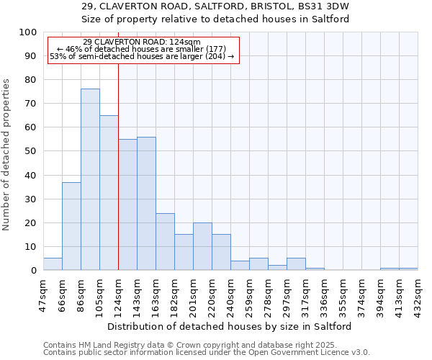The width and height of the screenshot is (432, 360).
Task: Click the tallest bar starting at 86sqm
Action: [x=90, y=179]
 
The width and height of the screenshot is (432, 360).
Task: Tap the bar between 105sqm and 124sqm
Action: [x=109, y=192]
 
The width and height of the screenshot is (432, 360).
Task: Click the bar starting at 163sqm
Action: [x=165, y=241]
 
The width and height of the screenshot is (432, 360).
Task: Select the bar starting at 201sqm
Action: [x=202, y=246]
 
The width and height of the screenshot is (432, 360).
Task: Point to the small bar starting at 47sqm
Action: [x=53, y=264]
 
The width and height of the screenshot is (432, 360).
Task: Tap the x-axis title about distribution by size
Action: [x=229, y=326]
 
